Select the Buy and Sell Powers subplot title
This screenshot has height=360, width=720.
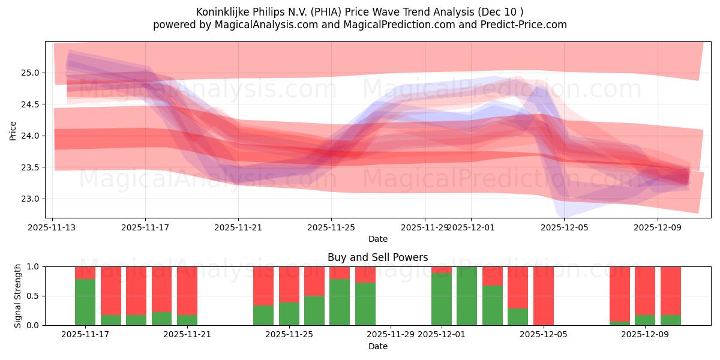click(377, 257)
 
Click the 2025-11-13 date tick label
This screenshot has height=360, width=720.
click(52, 227)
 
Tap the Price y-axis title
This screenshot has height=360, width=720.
click(13, 130)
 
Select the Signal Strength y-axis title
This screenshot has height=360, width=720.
click(18, 295)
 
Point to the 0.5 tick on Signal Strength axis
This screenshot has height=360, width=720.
click(33, 296)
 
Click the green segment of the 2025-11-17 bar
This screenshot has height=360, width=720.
click(85, 302)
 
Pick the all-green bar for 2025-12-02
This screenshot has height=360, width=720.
click(467, 296)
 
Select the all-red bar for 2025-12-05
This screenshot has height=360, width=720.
click(544, 296)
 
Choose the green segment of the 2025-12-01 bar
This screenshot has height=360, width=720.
click(442, 299)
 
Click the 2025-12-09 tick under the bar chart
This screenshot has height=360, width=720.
click(645, 334)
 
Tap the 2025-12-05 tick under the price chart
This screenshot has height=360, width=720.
click(564, 227)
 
